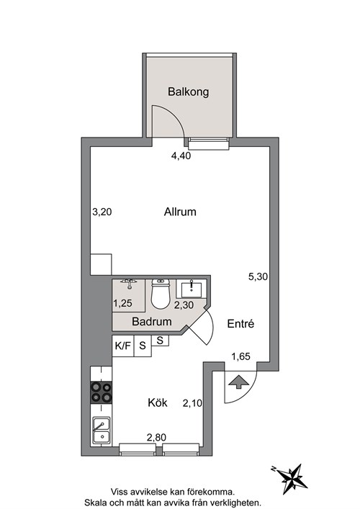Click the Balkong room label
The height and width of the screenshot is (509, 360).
[188, 92]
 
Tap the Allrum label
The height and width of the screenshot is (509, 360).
[180, 212]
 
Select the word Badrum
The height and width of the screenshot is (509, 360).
[152, 322]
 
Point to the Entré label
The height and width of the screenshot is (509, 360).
[240, 324]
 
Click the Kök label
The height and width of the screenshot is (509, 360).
[158, 403]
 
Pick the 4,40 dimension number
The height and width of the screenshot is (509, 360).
[181, 156]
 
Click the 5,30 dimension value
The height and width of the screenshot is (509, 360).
[258, 277]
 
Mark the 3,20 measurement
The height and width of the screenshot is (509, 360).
[102, 212]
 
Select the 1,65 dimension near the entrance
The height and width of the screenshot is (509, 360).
[240, 357]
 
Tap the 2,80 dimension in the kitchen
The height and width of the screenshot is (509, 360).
[156, 438]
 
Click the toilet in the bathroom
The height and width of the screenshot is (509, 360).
[161, 294]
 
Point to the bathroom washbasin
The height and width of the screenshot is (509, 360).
[192, 288]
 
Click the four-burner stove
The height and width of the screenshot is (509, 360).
[102, 392]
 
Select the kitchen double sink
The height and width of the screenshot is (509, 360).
[102, 430]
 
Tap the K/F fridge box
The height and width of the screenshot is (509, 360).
[123, 346]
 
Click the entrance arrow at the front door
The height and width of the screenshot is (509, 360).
[238, 382]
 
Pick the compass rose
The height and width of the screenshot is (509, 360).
[291, 478]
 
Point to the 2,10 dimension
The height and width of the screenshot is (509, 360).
[192, 403]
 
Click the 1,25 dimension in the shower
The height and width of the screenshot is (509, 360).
[122, 303]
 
